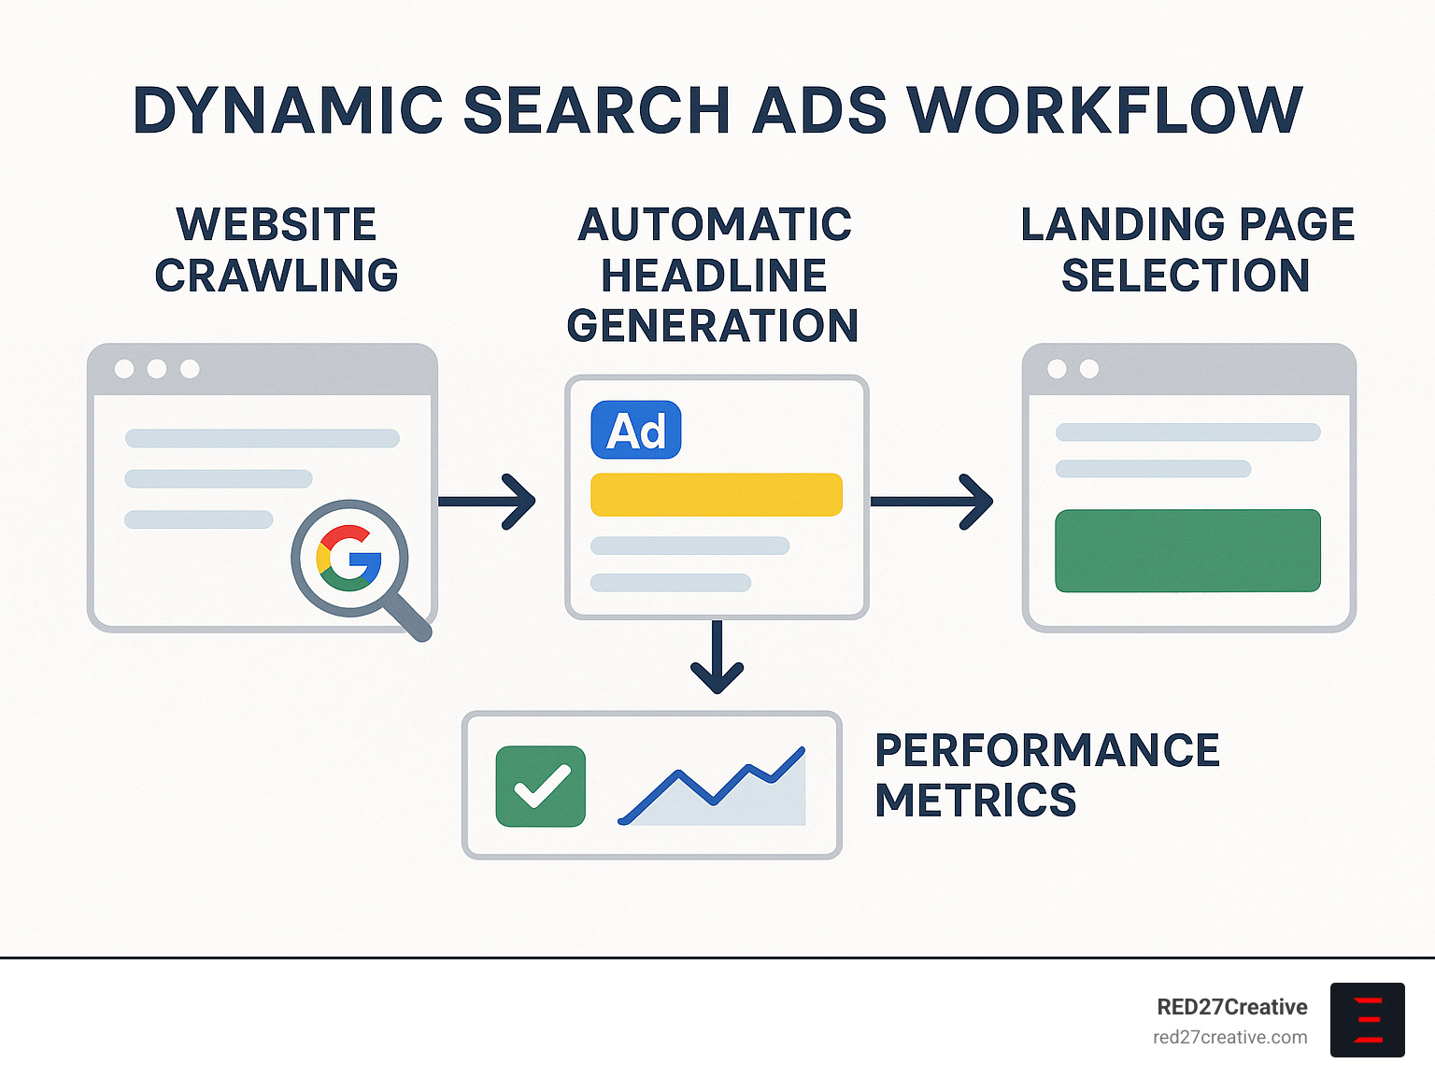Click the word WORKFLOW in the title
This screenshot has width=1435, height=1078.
click(x=1105, y=110)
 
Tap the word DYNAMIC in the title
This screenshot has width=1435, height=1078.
click(x=288, y=110)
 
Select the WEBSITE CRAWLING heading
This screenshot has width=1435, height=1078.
click(x=277, y=250)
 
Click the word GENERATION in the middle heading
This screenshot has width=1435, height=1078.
click(x=713, y=326)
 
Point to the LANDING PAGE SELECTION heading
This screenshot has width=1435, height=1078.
click(x=1186, y=250)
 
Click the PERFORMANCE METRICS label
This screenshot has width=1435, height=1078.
click(x=1046, y=775)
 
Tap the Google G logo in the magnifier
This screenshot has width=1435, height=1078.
click(x=349, y=558)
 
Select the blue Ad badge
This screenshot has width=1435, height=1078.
click(x=636, y=431)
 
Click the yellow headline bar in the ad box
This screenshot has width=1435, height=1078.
click(x=717, y=494)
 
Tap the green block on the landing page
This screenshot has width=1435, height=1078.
click(x=1187, y=550)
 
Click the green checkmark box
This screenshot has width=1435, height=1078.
click(x=541, y=787)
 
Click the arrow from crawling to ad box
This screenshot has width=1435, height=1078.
click(x=487, y=502)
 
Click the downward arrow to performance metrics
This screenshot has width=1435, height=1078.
click(x=717, y=658)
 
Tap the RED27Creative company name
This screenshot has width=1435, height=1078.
click(x=1231, y=1007)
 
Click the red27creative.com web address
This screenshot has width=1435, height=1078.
click(x=1229, y=1037)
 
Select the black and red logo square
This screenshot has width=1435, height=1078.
click(x=1367, y=1019)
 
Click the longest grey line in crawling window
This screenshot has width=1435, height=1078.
click(x=263, y=438)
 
